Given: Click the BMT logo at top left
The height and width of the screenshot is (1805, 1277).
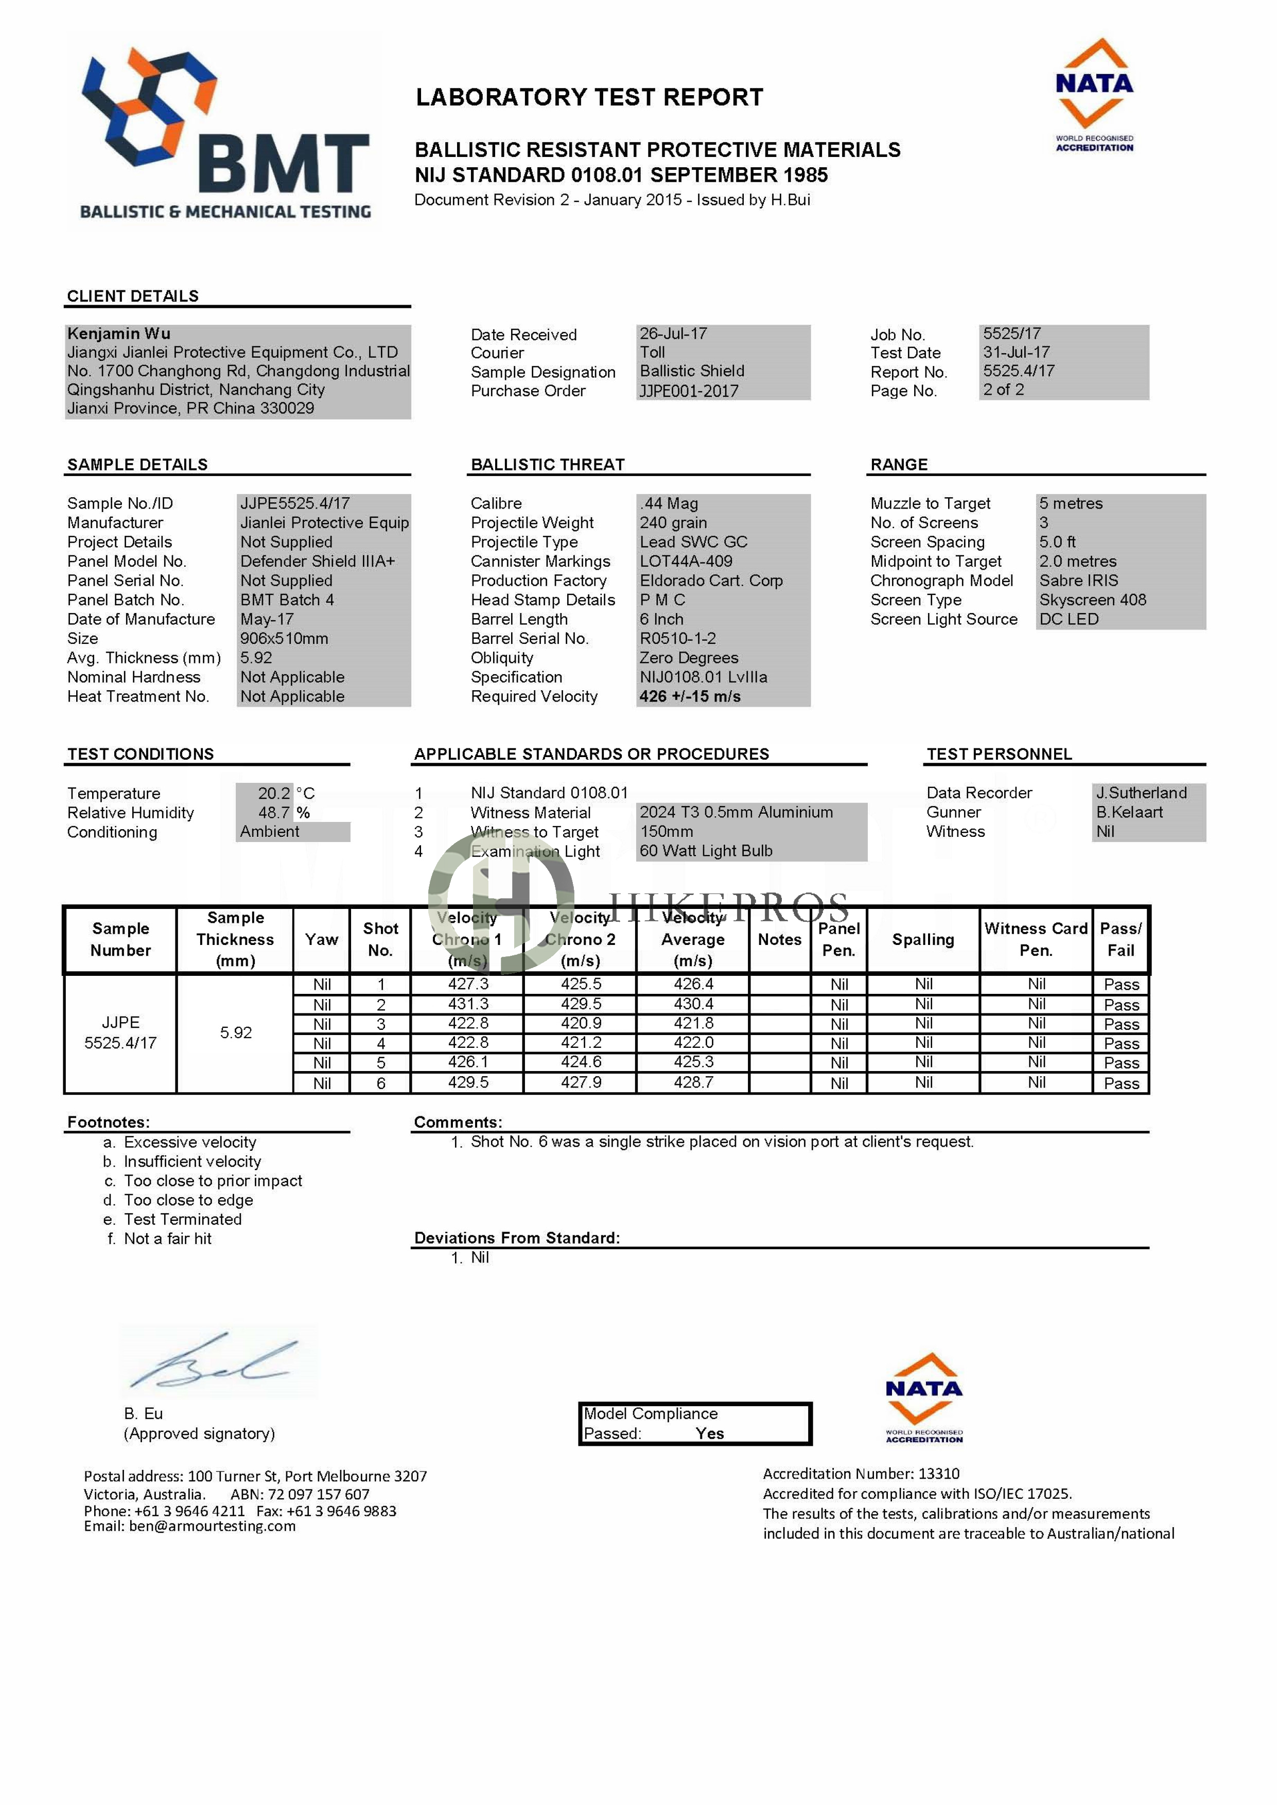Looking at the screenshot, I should click(224, 134).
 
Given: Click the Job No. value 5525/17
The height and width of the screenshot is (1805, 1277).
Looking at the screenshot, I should click(1011, 334).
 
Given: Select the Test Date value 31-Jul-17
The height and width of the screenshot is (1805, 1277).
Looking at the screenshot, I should click(1016, 352).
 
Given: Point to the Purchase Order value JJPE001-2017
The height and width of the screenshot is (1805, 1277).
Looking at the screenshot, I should click(689, 391).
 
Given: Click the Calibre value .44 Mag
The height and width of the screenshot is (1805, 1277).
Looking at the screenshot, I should click(669, 503).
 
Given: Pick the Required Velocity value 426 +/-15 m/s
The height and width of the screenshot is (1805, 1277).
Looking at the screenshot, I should click(690, 696).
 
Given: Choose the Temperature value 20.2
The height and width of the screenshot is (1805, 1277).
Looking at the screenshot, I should click(274, 793).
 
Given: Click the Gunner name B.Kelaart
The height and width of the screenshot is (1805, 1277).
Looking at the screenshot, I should click(1129, 812).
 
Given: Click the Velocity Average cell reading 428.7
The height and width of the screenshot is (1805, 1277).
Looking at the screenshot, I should click(693, 1082).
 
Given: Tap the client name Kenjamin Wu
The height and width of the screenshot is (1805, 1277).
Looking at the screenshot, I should click(119, 334).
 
